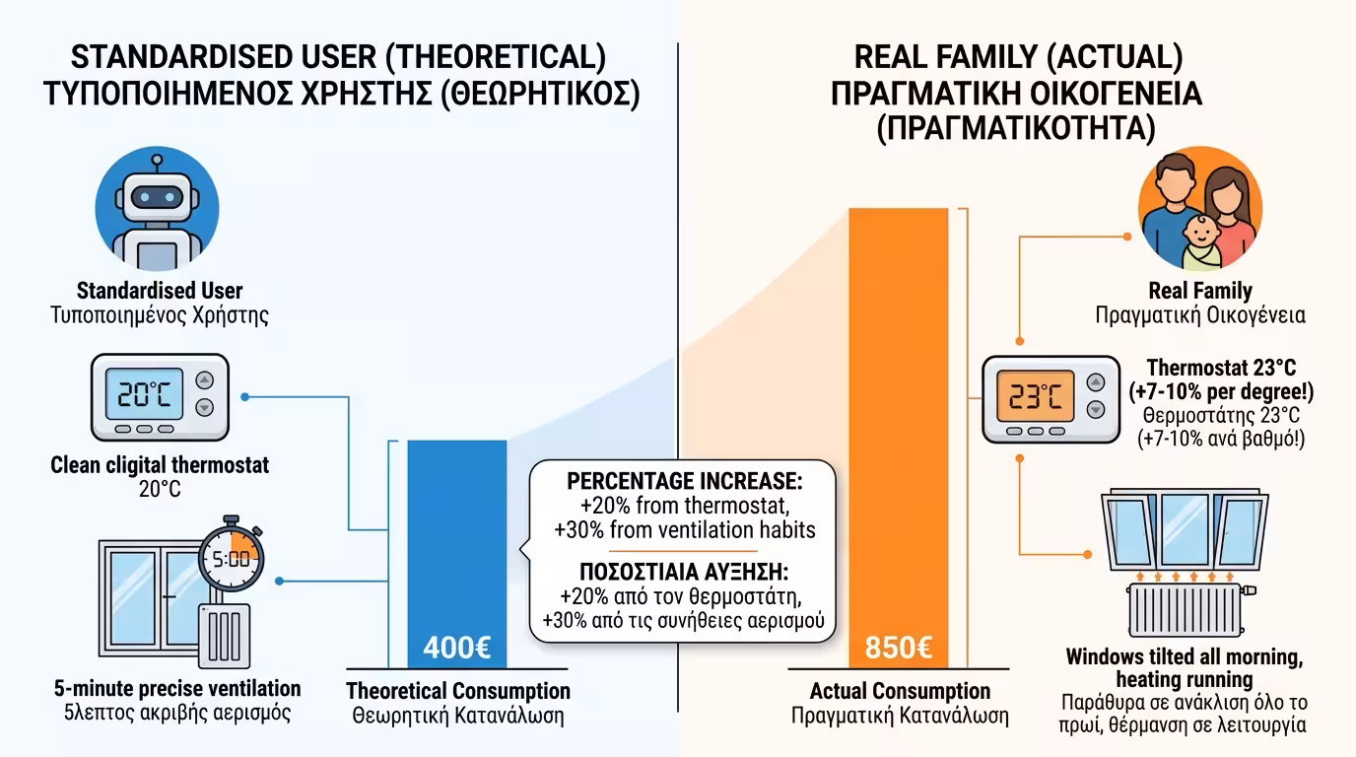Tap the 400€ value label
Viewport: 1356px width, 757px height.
click(x=456, y=649)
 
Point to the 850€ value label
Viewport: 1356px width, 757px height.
click(x=898, y=649)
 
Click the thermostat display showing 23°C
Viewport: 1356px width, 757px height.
click(x=1027, y=396)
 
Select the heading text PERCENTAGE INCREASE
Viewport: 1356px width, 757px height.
click(x=685, y=483)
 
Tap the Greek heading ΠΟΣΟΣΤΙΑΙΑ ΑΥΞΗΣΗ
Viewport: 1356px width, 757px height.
click(x=685, y=573)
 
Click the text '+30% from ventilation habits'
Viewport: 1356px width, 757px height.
click(x=685, y=529)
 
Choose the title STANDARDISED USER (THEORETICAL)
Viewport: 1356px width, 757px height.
click(x=338, y=57)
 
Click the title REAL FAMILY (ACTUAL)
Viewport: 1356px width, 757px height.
click(x=1018, y=57)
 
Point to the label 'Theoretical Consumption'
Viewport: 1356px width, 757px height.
click(x=458, y=691)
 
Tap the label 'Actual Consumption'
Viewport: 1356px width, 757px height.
click(x=900, y=691)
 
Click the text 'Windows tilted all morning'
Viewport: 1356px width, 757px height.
click(x=1185, y=657)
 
